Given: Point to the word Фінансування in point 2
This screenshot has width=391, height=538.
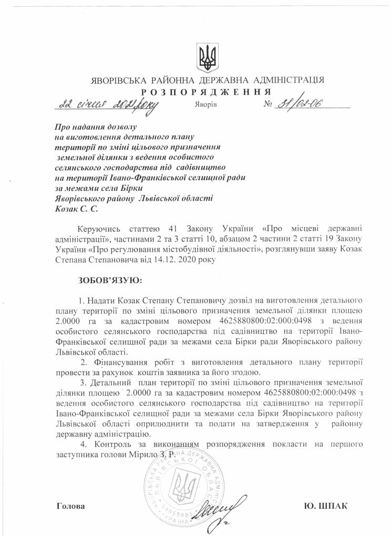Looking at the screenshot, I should (120, 363).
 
